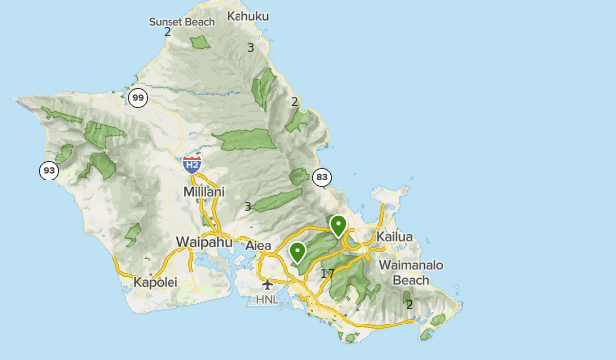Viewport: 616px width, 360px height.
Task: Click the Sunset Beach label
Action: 181,21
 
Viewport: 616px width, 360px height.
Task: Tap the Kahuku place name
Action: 247,16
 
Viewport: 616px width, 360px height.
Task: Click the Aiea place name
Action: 258,245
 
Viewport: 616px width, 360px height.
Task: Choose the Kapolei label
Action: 155,283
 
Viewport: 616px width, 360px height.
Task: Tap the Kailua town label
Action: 393,237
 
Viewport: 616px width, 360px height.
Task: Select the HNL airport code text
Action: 267,299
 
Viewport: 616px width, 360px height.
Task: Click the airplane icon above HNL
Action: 267,285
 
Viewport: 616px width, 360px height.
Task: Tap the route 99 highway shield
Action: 138,97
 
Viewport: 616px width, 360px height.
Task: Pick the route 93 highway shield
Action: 48,171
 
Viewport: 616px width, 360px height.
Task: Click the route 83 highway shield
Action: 321,178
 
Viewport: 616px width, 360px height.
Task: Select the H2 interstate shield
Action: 192,163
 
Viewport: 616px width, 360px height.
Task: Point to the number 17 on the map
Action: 327,273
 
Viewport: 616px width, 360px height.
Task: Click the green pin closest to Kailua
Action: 338,226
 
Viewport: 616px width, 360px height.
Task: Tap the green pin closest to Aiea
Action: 297,252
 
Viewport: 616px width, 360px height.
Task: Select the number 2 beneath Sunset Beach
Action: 167,32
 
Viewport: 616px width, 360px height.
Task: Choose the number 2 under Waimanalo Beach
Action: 409,304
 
